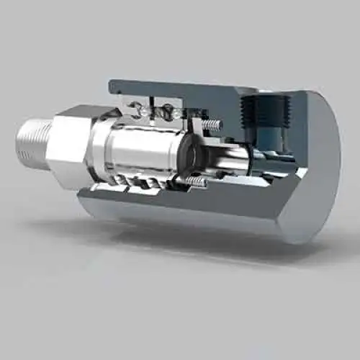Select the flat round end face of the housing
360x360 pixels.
(317, 166)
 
